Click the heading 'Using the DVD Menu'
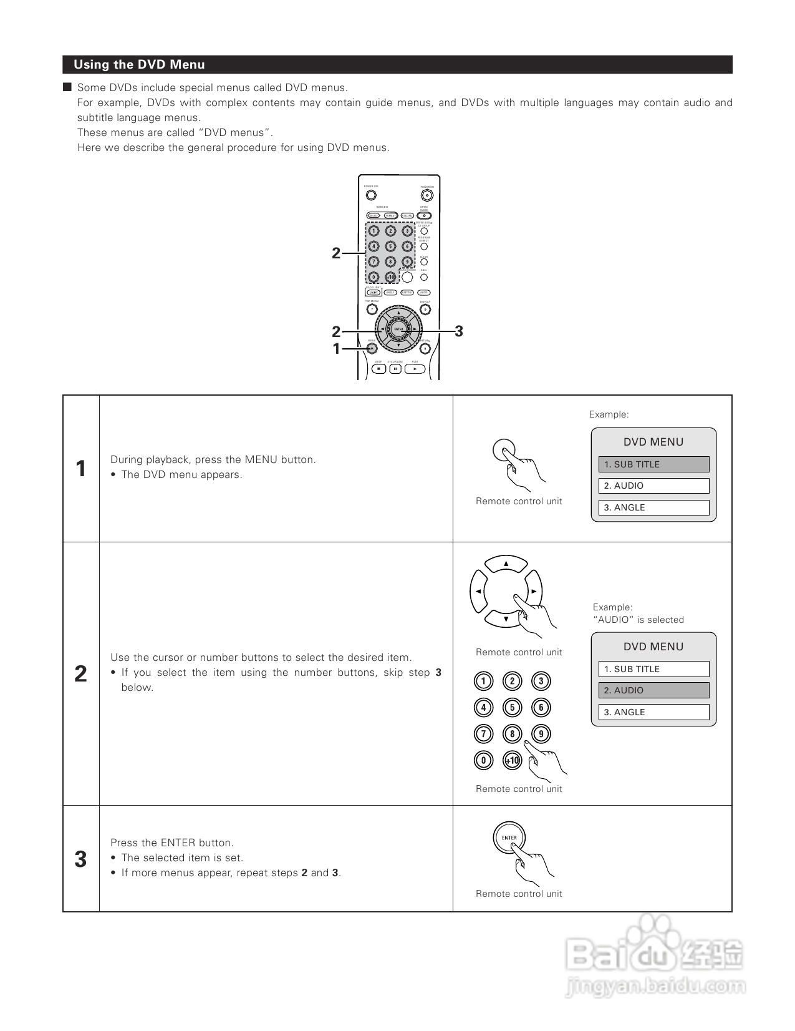tap(139, 65)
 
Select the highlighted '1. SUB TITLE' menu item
tap(653, 464)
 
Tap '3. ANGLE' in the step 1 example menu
tap(653, 508)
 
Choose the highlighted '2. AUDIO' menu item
tap(653, 690)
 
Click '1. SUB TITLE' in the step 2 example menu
tap(653, 669)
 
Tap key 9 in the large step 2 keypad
tap(541, 734)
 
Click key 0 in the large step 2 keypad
tap(483, 760)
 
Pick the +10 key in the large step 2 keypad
tap(512, 760)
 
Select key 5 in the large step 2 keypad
tap(512, 708)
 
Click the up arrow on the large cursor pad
tap(506, 564)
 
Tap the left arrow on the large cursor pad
tap(478, 591)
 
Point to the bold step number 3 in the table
tap(80, 859)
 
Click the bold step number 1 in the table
tap(80, 469)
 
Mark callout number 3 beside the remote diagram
tap(459, 331)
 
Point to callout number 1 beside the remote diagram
tap(337, 349)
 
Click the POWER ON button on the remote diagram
tap(426, 195)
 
